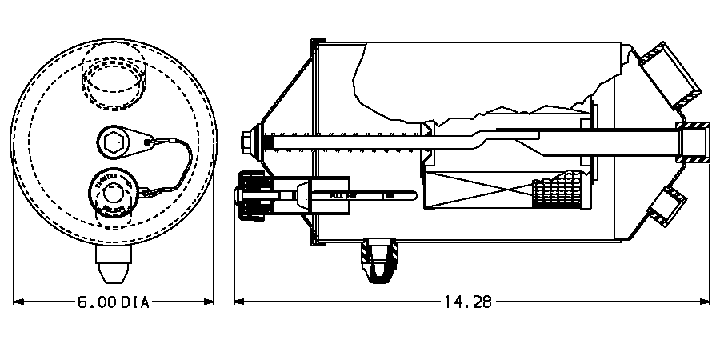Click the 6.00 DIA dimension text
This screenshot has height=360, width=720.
[x=114, y=302]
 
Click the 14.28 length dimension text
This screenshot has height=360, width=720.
[x=466, y=302]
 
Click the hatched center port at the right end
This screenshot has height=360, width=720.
[x=694, y=142]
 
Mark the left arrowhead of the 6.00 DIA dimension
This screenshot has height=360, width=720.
[x=18, y=302]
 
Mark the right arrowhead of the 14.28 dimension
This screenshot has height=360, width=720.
[x=707, y=302]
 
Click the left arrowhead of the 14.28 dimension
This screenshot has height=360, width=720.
[x=238, y=302]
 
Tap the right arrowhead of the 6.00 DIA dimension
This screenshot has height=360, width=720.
[x=210, y=302]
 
